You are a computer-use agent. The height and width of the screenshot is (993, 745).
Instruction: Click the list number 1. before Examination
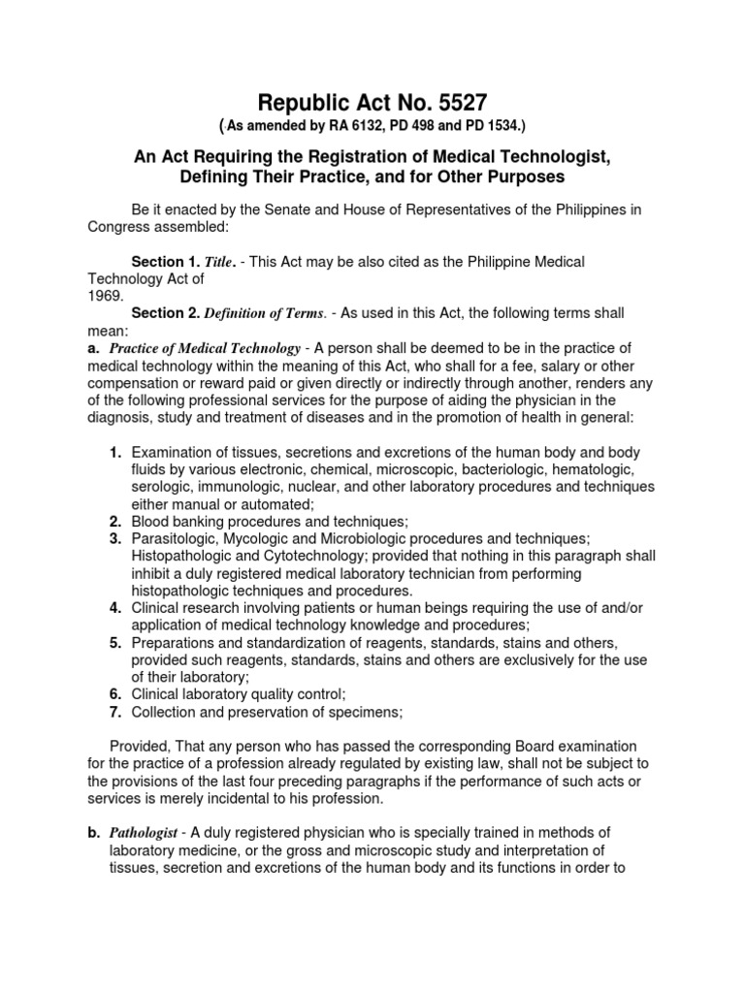click(x=114, y=452)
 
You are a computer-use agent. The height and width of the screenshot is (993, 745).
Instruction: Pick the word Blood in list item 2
click(x=150, y=521)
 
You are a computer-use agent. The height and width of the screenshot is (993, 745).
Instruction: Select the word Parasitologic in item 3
click(x=175, y=538)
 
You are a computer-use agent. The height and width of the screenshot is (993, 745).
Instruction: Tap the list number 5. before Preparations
click(x=114, y=642)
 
